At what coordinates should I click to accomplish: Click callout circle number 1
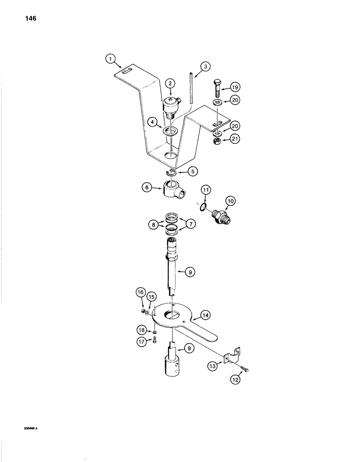pos(109,59)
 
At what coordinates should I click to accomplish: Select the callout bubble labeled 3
pos(206,67)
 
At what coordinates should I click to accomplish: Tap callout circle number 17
pos(140,341)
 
